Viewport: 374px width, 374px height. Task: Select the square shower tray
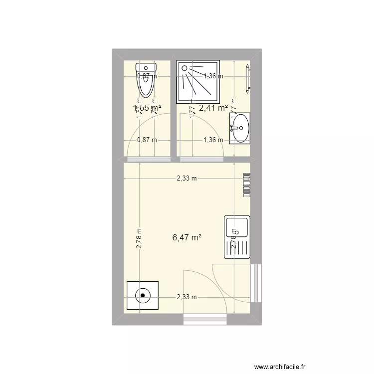199,82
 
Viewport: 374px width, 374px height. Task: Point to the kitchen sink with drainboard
237,237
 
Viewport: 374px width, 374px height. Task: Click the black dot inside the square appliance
143,296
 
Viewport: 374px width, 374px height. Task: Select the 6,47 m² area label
187,238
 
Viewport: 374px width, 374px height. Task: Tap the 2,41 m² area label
213,107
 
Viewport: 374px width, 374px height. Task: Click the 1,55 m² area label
147,107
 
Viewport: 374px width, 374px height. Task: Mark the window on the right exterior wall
256,283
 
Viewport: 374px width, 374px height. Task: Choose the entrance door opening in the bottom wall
205,319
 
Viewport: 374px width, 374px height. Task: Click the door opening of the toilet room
149,160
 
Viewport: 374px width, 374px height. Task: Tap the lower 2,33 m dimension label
187,297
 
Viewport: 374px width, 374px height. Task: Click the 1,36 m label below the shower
213,140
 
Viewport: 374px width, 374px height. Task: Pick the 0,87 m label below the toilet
147,140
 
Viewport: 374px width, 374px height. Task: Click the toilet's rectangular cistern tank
147,67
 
